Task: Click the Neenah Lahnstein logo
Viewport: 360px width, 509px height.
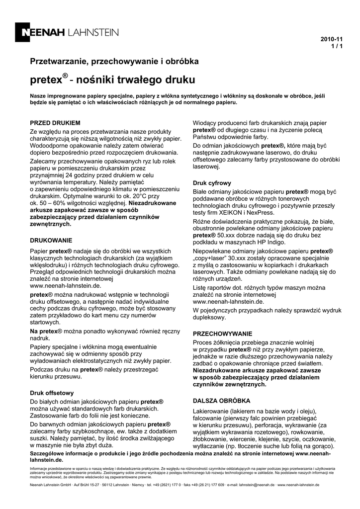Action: click(70, 33)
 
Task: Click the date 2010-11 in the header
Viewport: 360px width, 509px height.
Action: click(332, 39)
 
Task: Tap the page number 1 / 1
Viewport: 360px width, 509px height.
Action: click(337, 46)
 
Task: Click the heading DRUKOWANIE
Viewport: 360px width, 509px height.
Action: click(51, 240)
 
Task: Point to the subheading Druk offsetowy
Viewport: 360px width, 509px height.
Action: click(52, 392)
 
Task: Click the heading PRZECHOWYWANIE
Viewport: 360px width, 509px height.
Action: click(222, 334)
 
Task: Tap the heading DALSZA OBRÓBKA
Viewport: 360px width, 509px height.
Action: click(221, 400)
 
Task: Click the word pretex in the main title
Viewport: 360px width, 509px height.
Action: click(45, 80)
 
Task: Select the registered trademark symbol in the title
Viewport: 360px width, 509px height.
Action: click(65, 76)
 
